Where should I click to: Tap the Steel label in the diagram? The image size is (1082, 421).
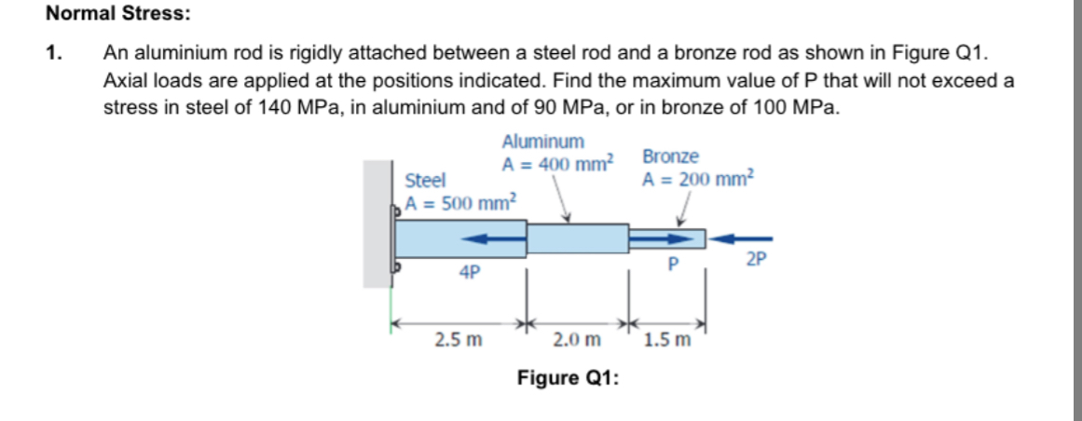(425, 179)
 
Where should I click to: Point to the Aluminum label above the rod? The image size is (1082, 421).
(543, 142)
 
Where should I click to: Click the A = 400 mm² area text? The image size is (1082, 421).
(557, 164)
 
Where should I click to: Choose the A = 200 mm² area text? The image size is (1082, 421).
(701, 179)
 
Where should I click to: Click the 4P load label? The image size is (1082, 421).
(470, 273)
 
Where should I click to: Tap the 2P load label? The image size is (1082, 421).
(757, 260)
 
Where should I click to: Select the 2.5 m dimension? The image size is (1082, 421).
(459, 340)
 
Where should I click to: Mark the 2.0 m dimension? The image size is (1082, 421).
(577, 340)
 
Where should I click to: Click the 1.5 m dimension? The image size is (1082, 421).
(667, 340)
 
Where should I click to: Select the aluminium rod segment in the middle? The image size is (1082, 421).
(578, 238)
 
